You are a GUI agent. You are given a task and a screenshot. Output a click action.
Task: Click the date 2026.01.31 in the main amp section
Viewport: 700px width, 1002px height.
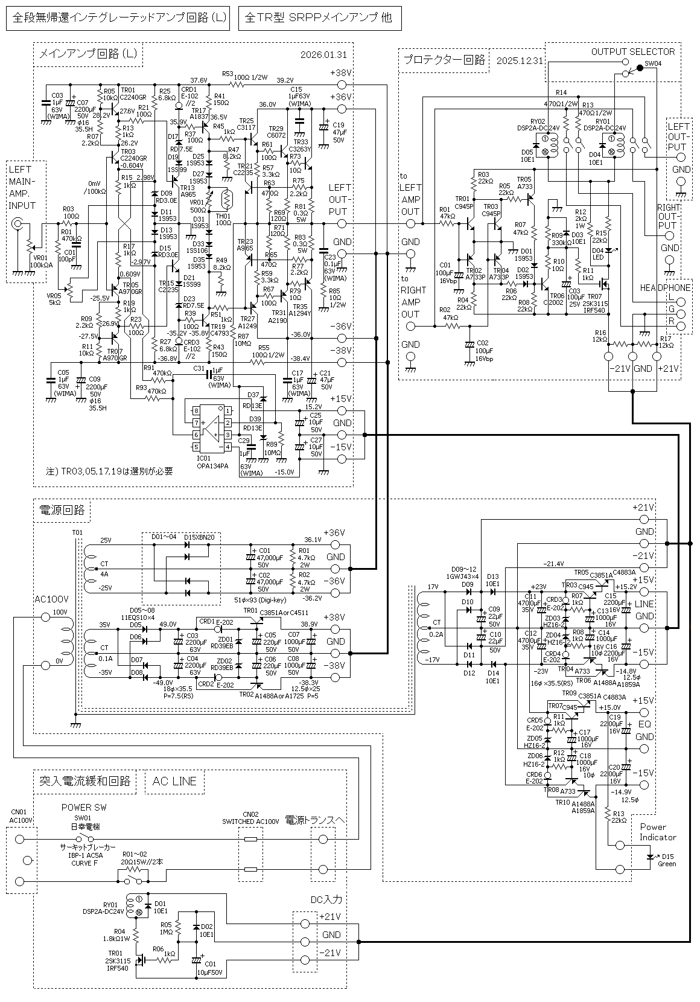[x=323, y=55]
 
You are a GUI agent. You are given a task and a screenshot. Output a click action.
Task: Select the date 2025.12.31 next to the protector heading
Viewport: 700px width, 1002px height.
[x=520, y=60]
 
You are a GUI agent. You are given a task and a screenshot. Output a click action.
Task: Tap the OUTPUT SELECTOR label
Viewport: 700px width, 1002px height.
[x=632, y=52]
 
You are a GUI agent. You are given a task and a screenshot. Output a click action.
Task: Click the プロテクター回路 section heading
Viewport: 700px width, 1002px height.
[x=444, y=60]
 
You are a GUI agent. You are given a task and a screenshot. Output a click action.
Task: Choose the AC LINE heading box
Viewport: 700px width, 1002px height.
[x=174, y=781]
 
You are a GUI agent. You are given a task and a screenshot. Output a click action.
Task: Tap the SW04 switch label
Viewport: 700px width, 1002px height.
[x=653, y=63]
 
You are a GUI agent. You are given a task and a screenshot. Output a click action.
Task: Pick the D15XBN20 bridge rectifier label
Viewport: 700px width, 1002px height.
[x=199, y=537]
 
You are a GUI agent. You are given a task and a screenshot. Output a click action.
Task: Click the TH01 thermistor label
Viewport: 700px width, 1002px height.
[x=223, y=215]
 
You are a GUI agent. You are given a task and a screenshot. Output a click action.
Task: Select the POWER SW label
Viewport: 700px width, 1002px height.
[x=84, y=808]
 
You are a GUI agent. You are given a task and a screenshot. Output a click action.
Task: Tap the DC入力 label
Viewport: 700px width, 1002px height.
[x=326, y=899]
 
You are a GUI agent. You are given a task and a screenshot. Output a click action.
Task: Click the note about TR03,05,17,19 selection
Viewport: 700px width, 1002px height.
[x=109, y=471]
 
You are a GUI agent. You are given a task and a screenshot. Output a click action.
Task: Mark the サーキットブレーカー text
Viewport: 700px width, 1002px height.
[x=87, y=847]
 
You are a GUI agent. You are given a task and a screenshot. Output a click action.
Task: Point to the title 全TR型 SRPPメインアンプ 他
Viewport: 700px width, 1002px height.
[x=319, y=18]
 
